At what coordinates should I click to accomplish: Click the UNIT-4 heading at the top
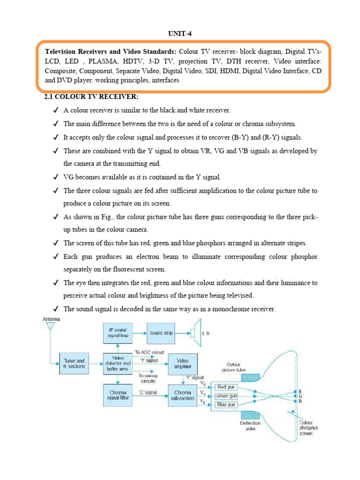point(180,34)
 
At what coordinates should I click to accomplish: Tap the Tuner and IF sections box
point(74,364)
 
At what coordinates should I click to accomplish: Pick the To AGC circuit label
point(150,352)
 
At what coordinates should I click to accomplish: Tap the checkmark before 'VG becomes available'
point(56,178)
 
